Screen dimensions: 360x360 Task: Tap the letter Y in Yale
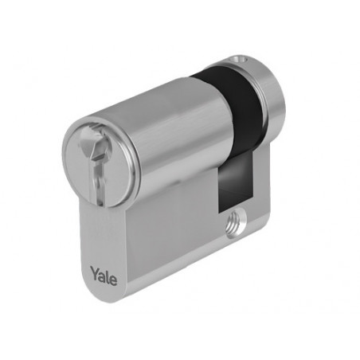[95, 273]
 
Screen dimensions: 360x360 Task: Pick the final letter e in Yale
[114, 280]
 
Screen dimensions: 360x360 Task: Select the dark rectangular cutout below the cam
[235, 181]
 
